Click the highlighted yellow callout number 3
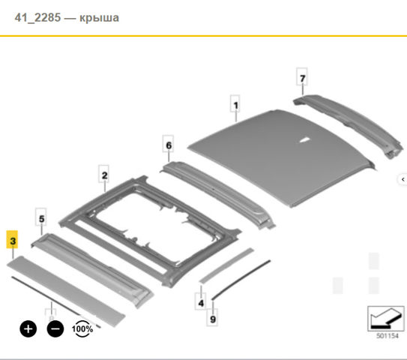coord(12,239)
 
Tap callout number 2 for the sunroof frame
coord(104,174)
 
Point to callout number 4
coord(201,301)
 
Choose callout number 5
coord(41,217)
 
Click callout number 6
coord(168,144)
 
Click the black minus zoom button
coord(55,328)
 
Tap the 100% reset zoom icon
coord(82,328)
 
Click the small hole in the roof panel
coord(304,139)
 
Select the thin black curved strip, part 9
coord(241,279)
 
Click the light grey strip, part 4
coord(226,265)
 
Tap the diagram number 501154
coord(387,336)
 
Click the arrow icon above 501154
coord(386,319)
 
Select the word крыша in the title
coord(99,18)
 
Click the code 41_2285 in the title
coord(37,18)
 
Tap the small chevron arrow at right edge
coord(403,179)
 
